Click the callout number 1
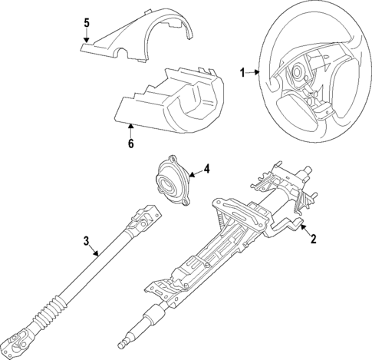click(x=242, y=74)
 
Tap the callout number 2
click(x=313, y=239)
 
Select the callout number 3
click(x=87, y=241)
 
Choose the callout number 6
click(x=130, y=143)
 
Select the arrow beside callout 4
click(x=190, y=170)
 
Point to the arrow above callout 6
click(x=130, y=126)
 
